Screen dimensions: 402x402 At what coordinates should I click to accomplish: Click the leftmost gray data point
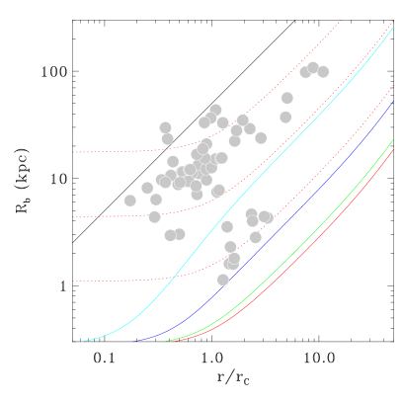pyautogui.click(x=129, y=201)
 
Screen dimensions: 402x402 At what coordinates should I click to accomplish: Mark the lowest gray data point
pyautogui.click(x=222, y=280)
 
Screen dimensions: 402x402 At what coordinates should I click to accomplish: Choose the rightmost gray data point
pyautogui.click(x=323, y=71)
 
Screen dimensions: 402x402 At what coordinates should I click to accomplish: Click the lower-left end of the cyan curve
pyautogui.click(x=82, y=341)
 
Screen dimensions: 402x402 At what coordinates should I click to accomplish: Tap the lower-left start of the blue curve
pyautogui.click(x=132, y=341)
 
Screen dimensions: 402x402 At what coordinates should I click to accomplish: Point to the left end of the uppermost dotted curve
pyautogui.click(x=72, y=152)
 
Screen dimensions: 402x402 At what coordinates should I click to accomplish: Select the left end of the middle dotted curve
pyautogui.click(x=72, y=216)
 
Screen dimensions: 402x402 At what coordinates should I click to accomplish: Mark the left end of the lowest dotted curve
pyautogui.click(x=72, y=281)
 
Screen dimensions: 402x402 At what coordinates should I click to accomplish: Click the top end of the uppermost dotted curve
pyautogui.click(x=341, y=21)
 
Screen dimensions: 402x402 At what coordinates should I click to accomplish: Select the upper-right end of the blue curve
pyautogui.click(x=393, y=101)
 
